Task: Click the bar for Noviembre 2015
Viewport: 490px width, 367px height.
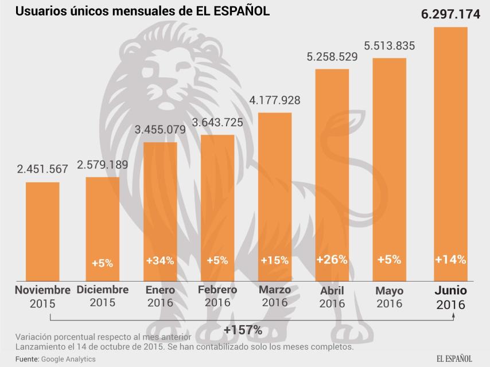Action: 42,229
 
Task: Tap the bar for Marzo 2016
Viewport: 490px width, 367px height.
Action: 275,195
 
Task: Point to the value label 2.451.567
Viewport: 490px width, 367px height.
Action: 42,169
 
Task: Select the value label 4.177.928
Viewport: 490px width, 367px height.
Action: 275,100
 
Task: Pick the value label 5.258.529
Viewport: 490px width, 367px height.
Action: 332,57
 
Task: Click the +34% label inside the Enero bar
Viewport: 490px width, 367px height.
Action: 160,260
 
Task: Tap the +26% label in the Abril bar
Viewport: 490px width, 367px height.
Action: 332,259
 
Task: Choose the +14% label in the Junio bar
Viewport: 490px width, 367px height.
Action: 450,259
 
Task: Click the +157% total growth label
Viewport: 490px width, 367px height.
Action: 243,330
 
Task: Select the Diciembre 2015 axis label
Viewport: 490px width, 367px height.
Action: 102,296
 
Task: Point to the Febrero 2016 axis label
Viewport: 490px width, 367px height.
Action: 217,296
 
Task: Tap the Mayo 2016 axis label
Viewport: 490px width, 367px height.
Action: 390,296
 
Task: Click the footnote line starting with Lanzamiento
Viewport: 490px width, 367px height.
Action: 184,347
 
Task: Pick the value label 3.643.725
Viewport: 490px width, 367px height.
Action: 217,122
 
